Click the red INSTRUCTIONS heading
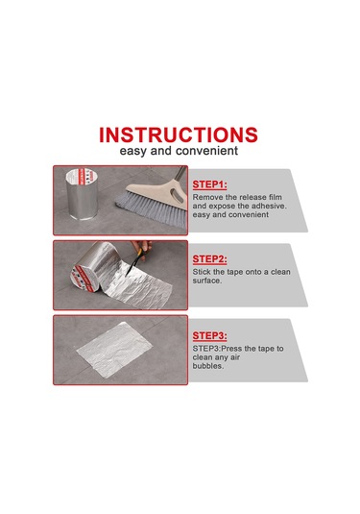(x=179, y=135)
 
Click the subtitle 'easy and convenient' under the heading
(x=179, y=151)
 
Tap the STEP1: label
(x=209, y=184)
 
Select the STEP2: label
(x=209, y=259)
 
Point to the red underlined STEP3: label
(x=209, y=335)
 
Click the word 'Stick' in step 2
(x=202, y=272)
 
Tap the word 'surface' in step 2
(x=206, y=281)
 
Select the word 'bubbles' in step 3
(x=208, y=366)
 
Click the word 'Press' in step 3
(x=232, y=349)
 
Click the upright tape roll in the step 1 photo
(x=82, y=194)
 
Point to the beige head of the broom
(x=157, y=194)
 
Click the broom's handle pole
(x=180, y=174)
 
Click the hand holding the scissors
(x=142, y=246)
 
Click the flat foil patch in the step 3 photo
(x=114, y=350)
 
